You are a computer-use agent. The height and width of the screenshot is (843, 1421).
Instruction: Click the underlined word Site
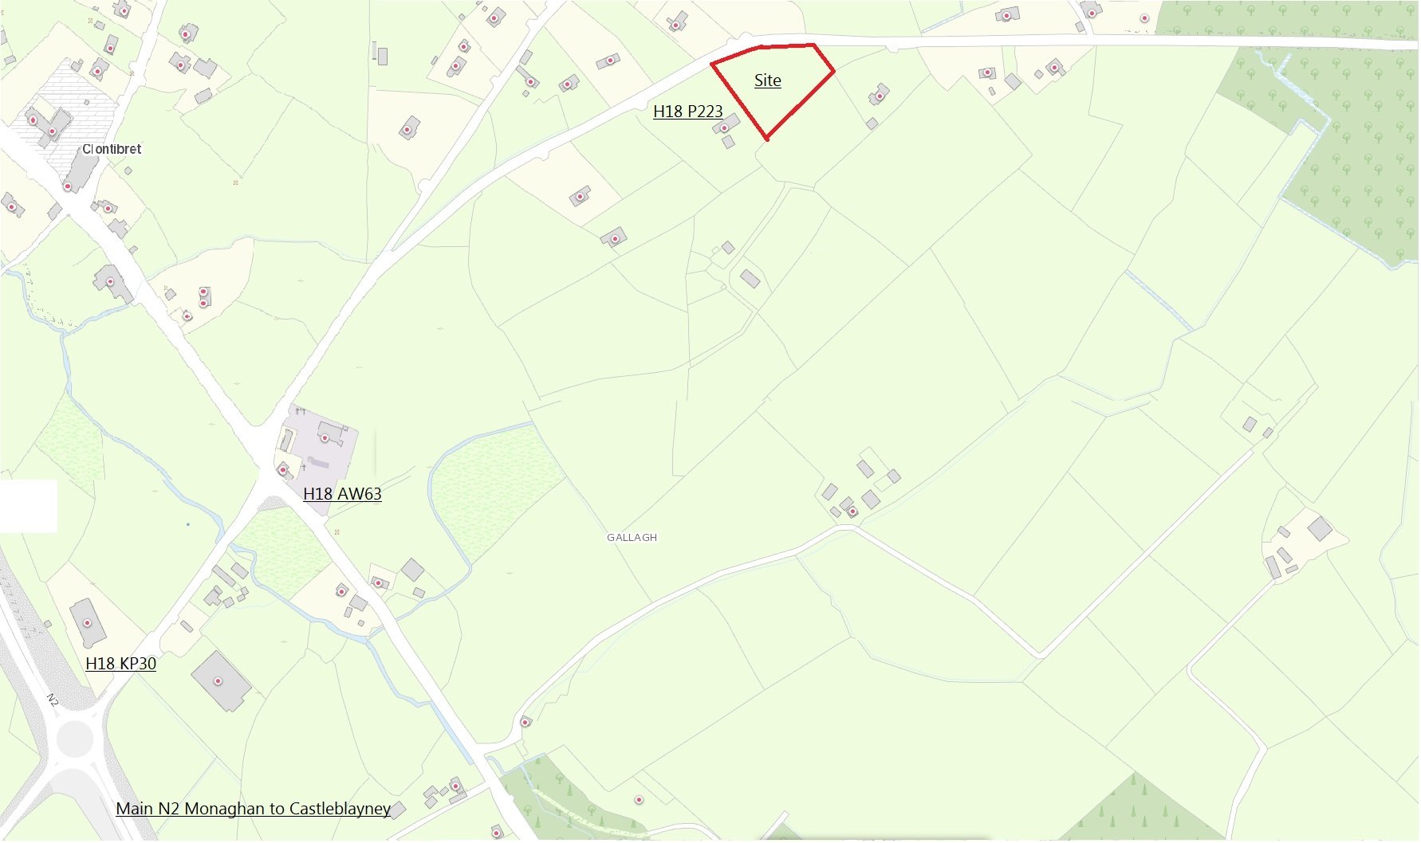pos(767,80)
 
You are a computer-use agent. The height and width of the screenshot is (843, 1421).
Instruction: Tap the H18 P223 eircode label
pos(687,112)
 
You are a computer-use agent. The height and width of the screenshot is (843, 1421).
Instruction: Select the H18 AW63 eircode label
pos(342,494)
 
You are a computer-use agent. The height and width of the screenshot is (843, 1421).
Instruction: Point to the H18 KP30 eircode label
pos(120,664)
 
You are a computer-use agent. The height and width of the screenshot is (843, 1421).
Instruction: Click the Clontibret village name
pos(112,149)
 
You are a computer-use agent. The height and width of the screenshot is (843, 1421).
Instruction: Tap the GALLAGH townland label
pos(632,538)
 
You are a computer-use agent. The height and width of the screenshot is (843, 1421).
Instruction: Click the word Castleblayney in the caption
pos(340,809)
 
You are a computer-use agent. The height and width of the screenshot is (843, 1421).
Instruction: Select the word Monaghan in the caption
pos(226,809)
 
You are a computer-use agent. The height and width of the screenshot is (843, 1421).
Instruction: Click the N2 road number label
pos(52,700)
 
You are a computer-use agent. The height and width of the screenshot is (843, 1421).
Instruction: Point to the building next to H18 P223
pos(726,125)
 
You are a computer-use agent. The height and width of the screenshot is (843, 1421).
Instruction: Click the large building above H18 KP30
pos(87,622)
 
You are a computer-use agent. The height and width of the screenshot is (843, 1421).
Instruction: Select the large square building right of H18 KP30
pos(220,680)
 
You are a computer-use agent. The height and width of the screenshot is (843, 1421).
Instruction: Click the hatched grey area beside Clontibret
pos(76,104)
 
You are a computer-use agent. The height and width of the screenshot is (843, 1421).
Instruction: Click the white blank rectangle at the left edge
pos(28,505)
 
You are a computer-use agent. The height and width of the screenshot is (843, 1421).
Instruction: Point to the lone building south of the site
pos(750,279)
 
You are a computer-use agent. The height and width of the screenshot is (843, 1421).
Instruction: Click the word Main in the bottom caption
pos(134,809)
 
